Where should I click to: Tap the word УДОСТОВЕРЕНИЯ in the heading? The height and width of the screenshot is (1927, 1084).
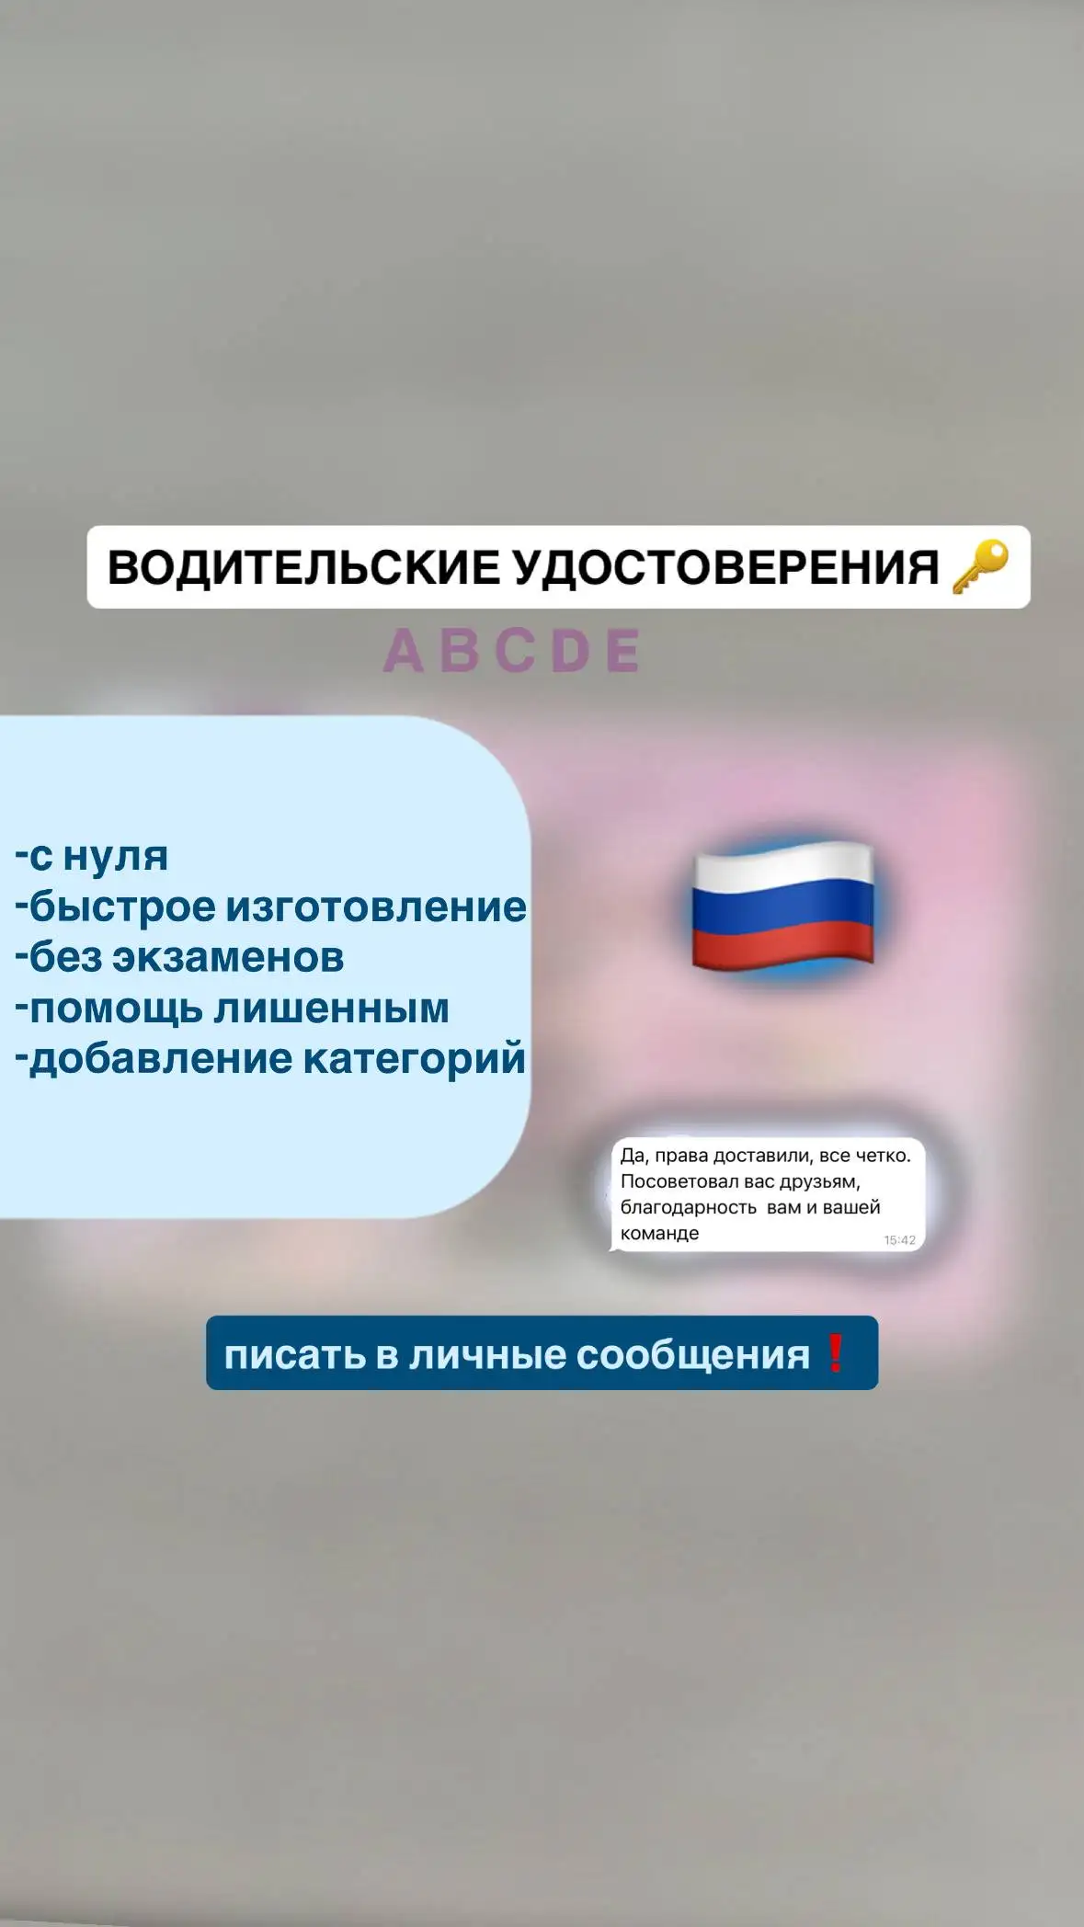pos(725,567)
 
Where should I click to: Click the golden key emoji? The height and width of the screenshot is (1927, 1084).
pos(980,566)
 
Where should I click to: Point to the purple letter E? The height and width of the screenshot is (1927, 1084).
pos(622,651)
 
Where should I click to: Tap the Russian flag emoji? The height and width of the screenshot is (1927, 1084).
pos(782,906)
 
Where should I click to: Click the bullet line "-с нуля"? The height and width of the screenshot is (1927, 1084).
pos(92,857)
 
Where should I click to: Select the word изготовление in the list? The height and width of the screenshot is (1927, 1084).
pos(376,908)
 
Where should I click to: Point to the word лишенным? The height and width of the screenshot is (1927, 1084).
pos(331,1009)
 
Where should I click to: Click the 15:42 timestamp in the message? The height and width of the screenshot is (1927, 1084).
pos(899,1240)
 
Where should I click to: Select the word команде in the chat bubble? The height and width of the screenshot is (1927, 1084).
pos(659,1233)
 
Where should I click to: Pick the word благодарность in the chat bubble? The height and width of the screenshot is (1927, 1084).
pos(688,1207)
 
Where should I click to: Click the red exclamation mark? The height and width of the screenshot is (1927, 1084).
pos(836,1353)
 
